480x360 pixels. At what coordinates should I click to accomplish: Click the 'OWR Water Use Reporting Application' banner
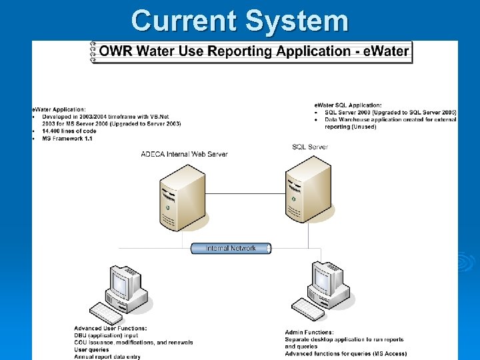coord(251,51)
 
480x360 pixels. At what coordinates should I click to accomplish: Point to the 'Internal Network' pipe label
coord(231,248)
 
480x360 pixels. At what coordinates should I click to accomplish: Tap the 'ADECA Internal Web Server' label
coord(185,154)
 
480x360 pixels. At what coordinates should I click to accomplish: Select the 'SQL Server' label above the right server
coord(310,147)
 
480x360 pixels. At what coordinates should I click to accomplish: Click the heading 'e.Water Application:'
coord(59,109)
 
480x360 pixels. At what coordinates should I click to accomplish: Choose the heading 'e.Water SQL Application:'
coord(348,105)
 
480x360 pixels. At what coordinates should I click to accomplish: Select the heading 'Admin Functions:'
coord(309,332)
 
